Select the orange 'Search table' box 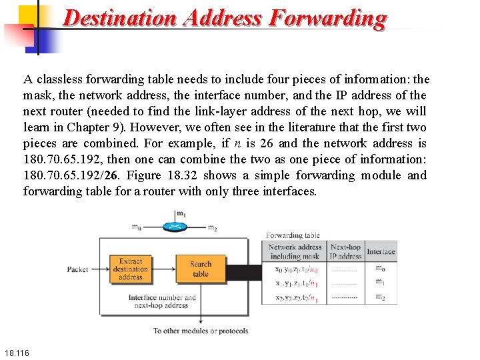point(200,269)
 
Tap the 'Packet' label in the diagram point(77,269)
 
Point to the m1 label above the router point(181,214)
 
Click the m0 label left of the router point(136,227)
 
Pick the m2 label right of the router point(212,229)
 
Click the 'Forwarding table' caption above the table point(293,235)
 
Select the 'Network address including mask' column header point(295,251)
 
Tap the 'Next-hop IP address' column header point(345,251)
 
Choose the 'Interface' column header point(381,251)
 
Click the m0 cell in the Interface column point(380,268)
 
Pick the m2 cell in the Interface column point(380,297)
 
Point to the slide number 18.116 point(16,351)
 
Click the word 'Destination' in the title point(120,17)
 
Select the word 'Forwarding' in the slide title point(327,17)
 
